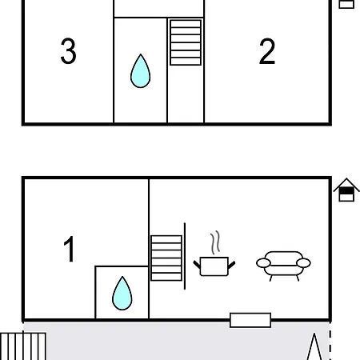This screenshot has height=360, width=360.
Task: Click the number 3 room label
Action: tap(69, 50)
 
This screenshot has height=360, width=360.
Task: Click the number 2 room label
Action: tap(267, 51)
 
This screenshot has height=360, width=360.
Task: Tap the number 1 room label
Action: tap(69, 249)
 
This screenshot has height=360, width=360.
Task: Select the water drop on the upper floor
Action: tap(141, 71)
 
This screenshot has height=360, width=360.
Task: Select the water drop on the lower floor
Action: tap(122, 294)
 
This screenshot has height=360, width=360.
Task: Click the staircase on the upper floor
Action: tap(186, 42)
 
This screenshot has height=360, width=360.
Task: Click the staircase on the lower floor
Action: tap(166, 258)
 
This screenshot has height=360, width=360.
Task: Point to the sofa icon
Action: tap(283, 266)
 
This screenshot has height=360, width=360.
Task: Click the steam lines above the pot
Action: tap(215, 242)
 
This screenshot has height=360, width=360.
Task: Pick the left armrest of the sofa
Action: tap(263, 263)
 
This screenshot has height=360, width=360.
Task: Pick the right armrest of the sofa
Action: tap(303, 263)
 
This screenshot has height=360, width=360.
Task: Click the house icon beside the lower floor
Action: tap(346, 190)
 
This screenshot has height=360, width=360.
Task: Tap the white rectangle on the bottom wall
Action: tap(250, 320)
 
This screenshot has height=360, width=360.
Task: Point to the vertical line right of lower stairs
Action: tap(185, 256)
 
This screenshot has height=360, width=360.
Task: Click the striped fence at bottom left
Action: tap(23, 346)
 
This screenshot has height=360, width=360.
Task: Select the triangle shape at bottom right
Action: tap(314, 346)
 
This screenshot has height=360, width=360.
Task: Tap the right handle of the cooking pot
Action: tap(231, 265)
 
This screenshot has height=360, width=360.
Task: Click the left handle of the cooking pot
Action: tap(197, 265)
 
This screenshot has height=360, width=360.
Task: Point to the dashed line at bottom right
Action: tap(330, 342)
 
